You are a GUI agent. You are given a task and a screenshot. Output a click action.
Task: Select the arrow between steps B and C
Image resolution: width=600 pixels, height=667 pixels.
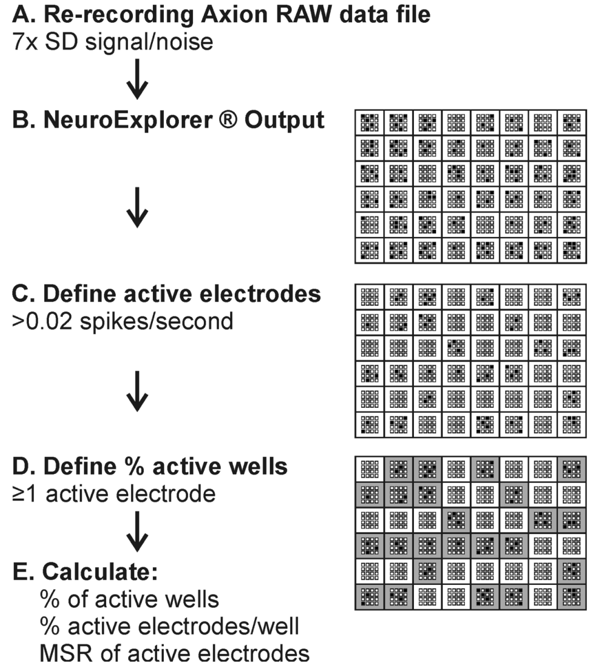pyautogui.click(x=137, y=208)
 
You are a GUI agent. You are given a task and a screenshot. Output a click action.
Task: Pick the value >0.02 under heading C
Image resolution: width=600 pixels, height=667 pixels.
pyautogui.click(x=42, y=321)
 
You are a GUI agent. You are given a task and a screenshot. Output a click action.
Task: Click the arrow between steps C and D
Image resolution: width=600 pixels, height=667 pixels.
pyautogui.click(x=137, y=391)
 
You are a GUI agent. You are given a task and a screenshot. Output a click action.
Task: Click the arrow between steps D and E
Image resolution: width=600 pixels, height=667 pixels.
pyautogui.click(x=137, y=531)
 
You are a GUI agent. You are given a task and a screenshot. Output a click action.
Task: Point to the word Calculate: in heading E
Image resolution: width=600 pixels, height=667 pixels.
pyautogui.click(x=100, y=572)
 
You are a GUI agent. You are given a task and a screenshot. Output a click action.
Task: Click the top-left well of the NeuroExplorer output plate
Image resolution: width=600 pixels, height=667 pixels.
pyautogui.click(x=369, y=123)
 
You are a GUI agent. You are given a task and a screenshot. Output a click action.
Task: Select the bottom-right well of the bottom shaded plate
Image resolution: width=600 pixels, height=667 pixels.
pyautogui.click(x=572, y=598)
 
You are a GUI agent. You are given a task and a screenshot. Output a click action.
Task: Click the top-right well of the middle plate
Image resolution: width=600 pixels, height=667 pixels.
pyautogui.click(x=572, y=297)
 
